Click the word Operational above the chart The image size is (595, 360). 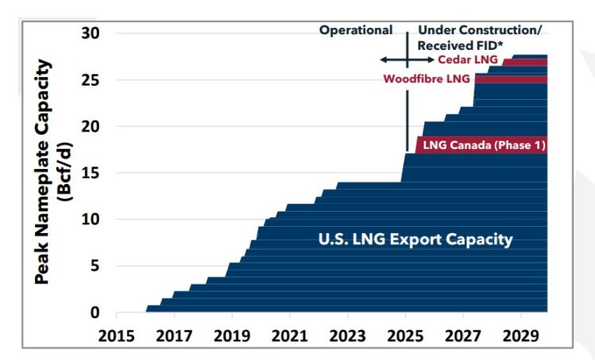[355, 30]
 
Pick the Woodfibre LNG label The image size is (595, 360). [426, 79]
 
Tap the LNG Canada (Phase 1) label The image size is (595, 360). [483, 145]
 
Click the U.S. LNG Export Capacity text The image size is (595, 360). [415, 239]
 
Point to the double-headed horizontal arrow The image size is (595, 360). [406, 60]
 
